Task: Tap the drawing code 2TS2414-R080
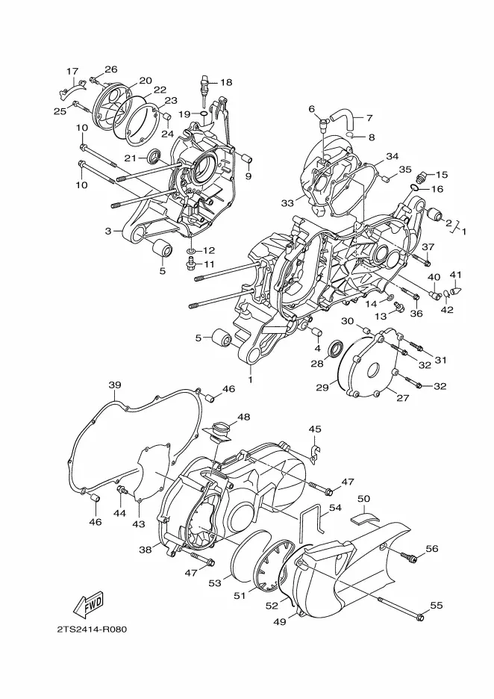(x=92, y=630)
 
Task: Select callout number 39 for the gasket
(x=115, y=385)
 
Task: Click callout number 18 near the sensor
(x=226, y=82)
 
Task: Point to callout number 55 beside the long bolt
(x=437, y=605)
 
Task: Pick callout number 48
(x=244, y=417)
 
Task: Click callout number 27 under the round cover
(x=403, y=398)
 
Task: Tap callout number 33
(x=288, y=203)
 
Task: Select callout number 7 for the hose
(x=369, y=118)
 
